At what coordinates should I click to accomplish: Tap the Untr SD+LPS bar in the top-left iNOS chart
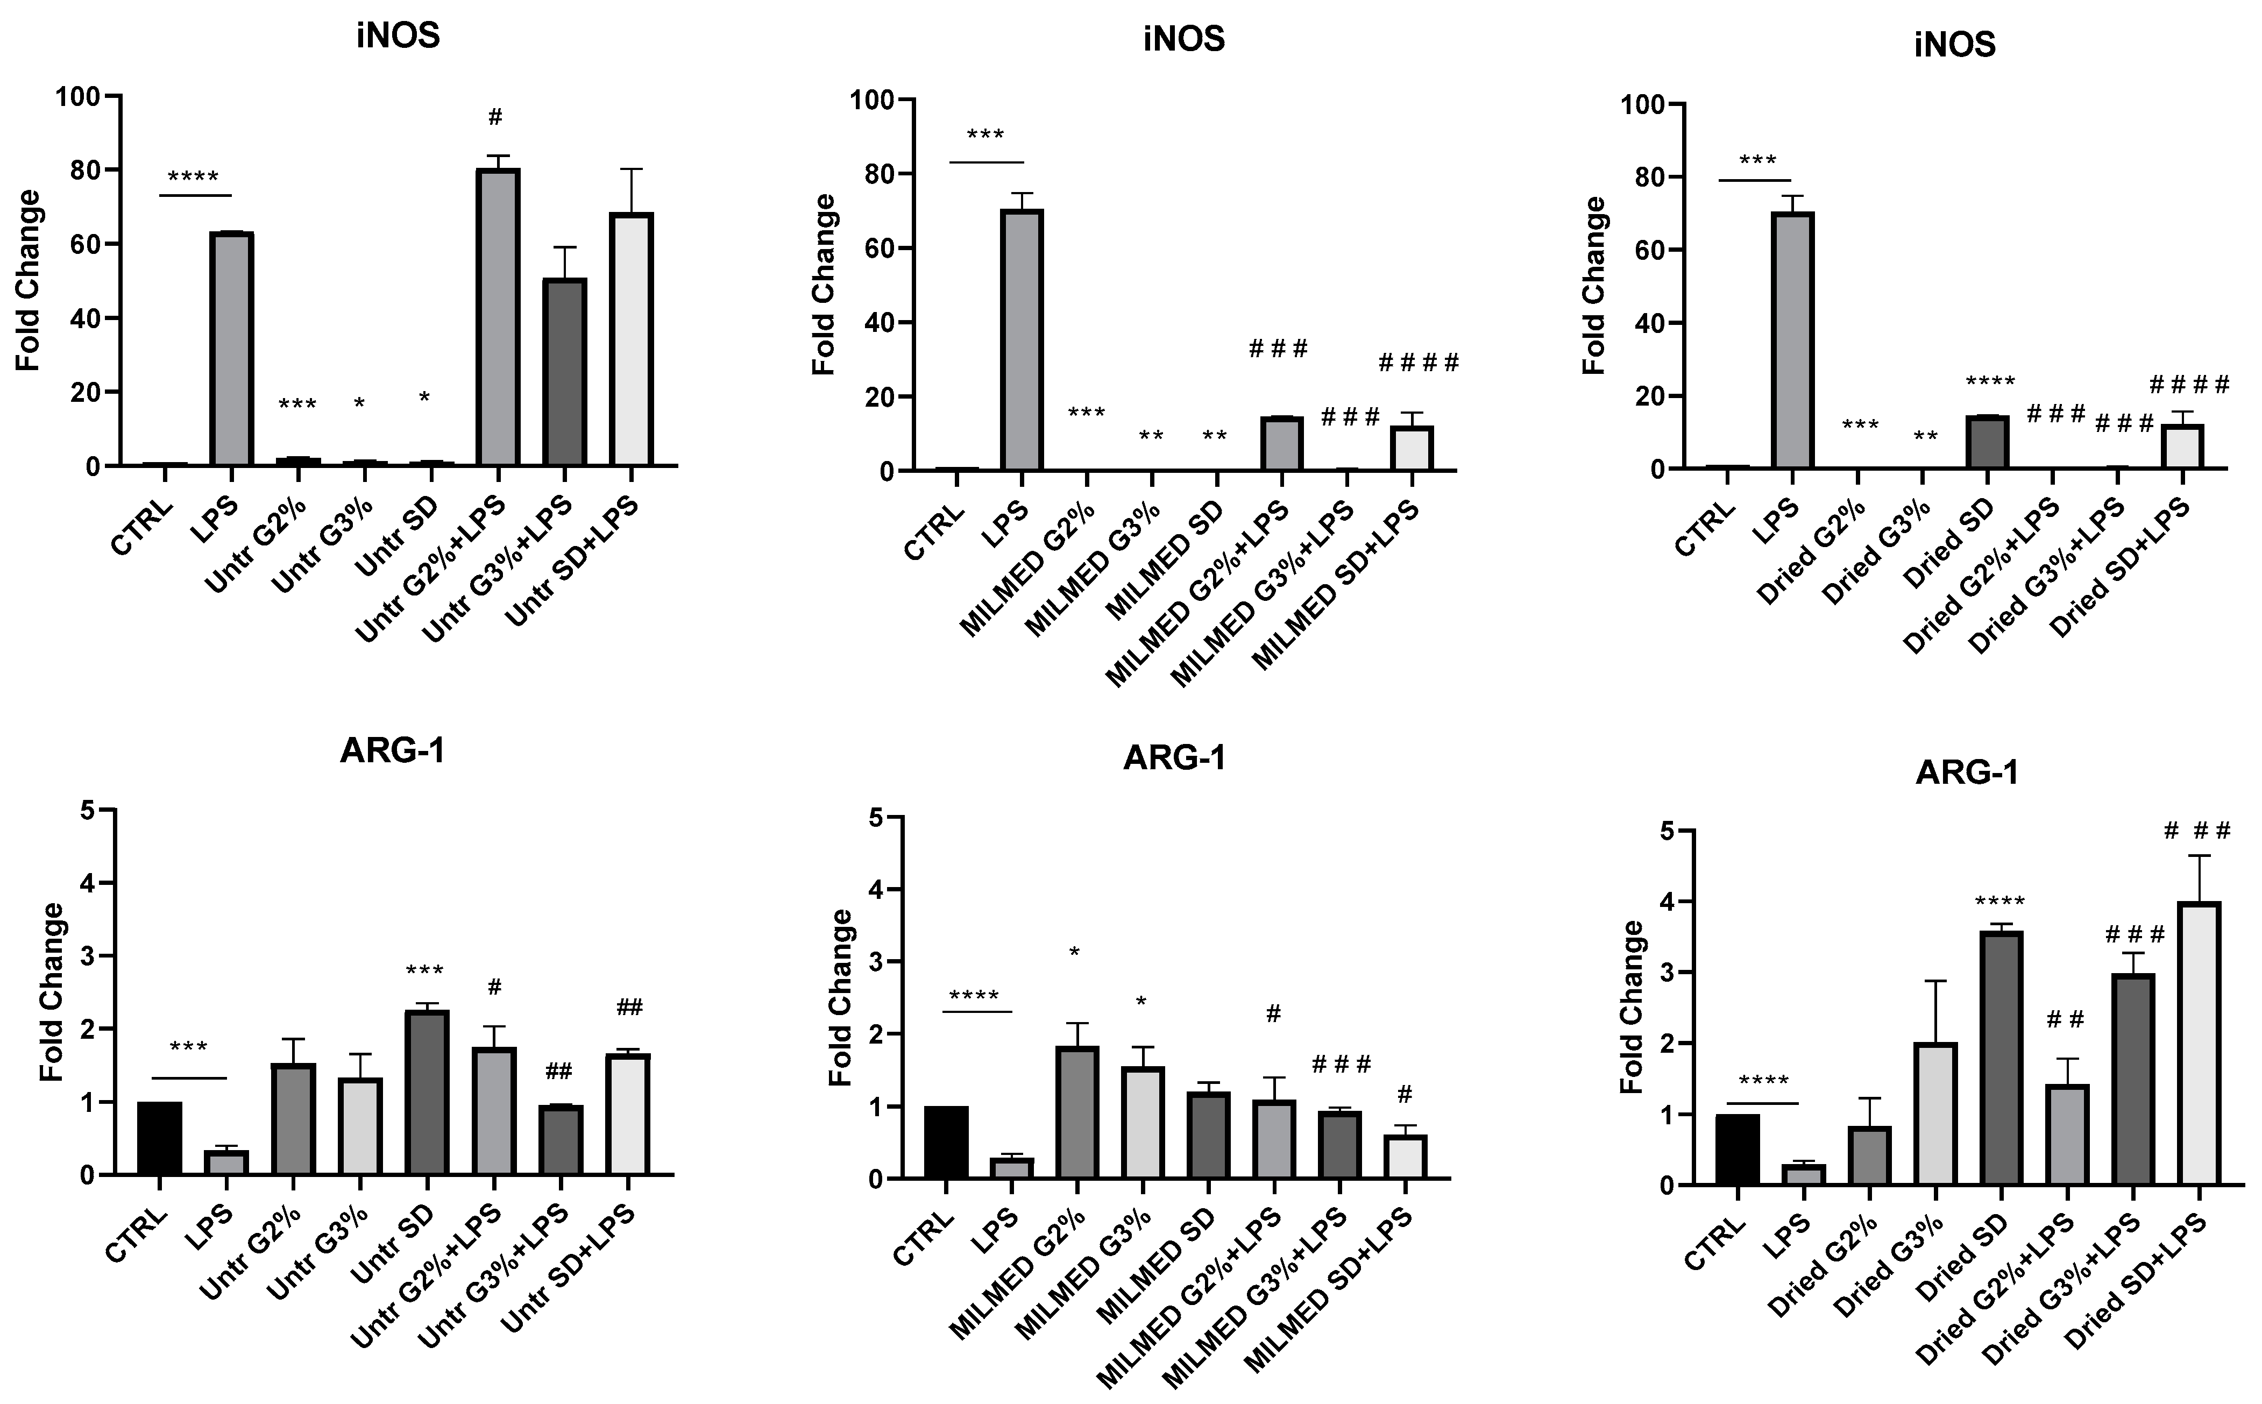coord(632,339)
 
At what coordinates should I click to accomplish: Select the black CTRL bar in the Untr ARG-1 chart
coord(159,1138)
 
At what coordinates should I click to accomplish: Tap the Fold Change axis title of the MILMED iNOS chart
coord(824,285)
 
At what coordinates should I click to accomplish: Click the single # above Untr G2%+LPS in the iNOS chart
coord(495,117)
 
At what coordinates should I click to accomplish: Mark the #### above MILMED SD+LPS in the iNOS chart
coord(1418,362)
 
